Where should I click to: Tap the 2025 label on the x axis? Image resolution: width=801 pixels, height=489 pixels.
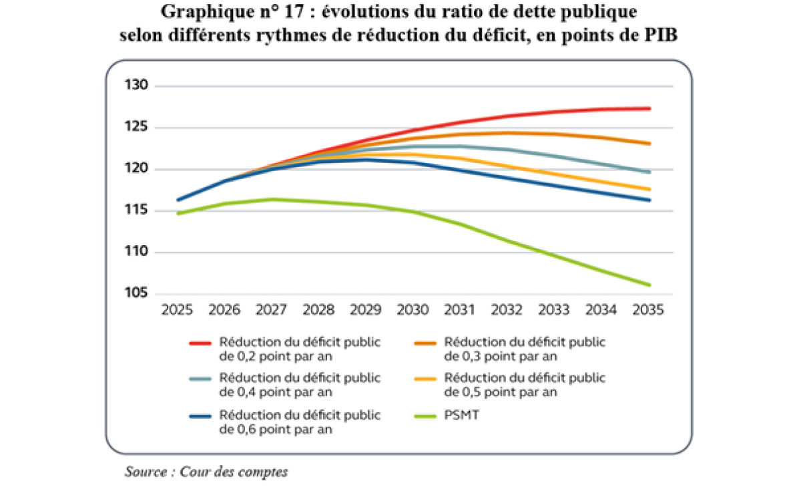[x=178, y=311]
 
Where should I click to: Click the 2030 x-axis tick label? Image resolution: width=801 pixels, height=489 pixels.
[x=413, y=311]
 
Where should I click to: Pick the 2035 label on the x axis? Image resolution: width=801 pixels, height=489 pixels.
[x=649, y=311]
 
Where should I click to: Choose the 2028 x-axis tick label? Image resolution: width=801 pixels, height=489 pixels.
[x=318, y=311]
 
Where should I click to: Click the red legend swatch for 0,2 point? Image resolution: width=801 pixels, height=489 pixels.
[x=200, y=343]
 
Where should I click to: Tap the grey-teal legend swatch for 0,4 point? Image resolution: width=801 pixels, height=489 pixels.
[x=200, y=379]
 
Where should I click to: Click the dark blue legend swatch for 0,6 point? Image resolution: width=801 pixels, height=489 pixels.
[x=200, y=416]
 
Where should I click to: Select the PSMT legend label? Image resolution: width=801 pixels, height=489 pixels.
[x=459, y=416]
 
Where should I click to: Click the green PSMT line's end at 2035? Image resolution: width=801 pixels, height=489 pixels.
[x=649, y=285]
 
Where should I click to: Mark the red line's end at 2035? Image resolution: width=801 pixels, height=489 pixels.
[x=649, y=108]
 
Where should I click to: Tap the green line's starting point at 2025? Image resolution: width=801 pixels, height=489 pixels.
[x=178, y=213]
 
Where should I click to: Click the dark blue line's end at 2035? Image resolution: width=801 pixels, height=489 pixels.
[x=649, y=200]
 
